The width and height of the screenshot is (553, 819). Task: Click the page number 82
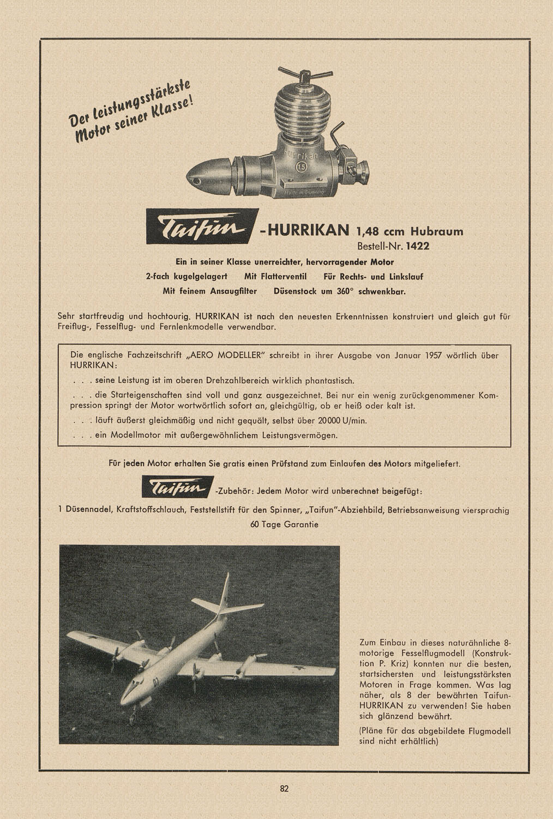284,788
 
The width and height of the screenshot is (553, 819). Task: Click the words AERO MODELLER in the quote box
225,355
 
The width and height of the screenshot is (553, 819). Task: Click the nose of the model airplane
127,697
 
